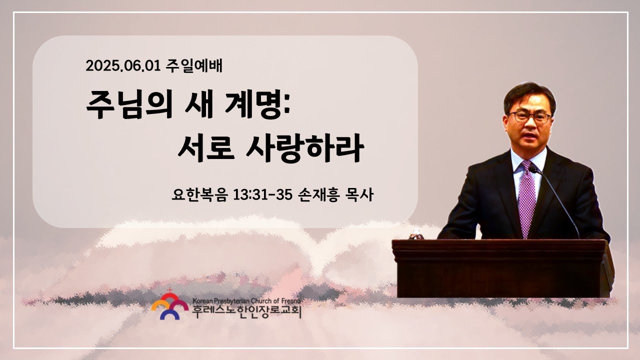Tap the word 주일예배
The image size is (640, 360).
click(194, 66)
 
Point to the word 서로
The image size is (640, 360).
click(206, 148)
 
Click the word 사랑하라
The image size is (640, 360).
click(305, 148)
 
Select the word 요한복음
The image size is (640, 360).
click(199, 194)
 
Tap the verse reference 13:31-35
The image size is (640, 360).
click(263, 195)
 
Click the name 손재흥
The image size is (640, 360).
click(318, 194)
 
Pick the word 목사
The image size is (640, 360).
click(359, 194)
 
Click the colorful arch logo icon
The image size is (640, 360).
click(169, 305)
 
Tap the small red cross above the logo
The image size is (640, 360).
click(170, 290)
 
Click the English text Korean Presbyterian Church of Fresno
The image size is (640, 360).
click(246, 301)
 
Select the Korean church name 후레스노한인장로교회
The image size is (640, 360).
click(246, 312)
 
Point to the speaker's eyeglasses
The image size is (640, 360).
click(529, 117)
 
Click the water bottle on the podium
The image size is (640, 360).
click(416, 234)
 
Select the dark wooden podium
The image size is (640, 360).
click(503, 268)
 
